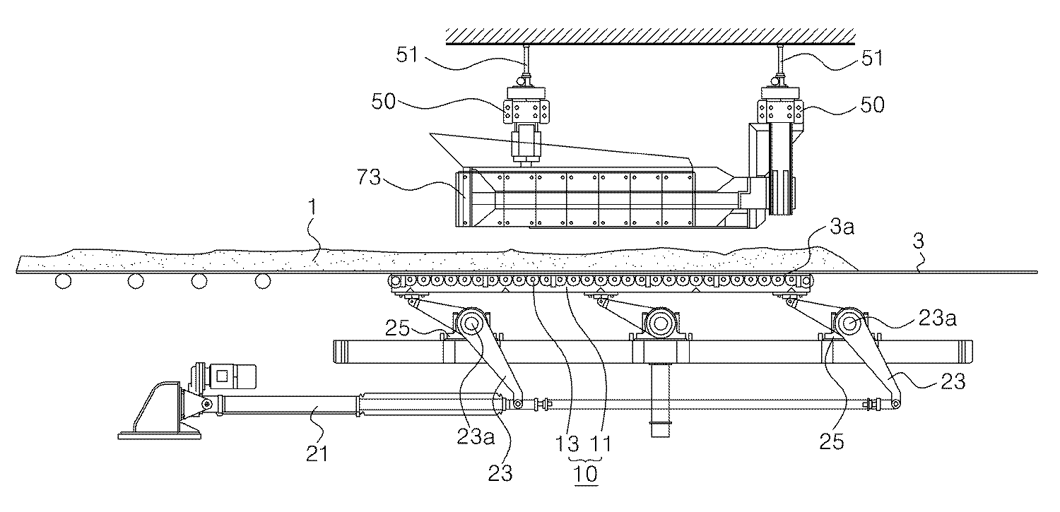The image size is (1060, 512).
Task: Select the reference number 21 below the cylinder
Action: click(x=317, y=453)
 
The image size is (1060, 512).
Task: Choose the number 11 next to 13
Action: click(x=601, y=445)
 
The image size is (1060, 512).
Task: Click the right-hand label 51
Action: click(x=872, y=58)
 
